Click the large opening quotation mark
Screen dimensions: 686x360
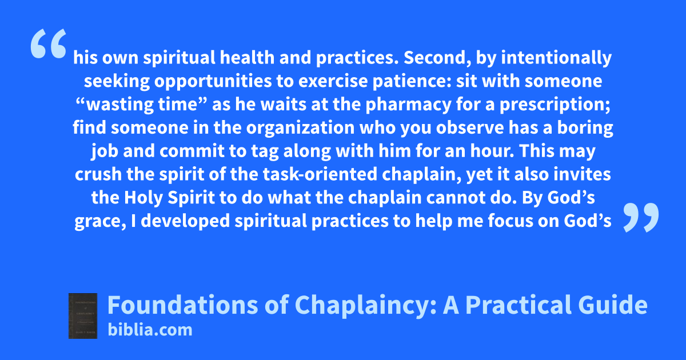point(49,43)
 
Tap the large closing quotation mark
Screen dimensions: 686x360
point(641,217)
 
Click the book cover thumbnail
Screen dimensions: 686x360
point(83,316)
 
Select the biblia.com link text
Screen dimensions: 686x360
point(150,330)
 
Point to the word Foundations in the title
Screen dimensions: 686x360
point(183,305)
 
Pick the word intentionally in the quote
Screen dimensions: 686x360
point(556,58)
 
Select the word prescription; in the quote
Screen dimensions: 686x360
point(555,105)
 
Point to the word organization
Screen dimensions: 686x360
point(300,128)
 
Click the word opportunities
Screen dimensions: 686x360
point(213,82)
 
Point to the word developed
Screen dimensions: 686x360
point(185,221)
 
